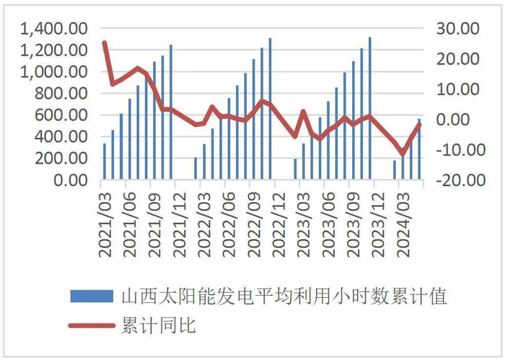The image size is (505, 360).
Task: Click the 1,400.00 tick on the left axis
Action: click(x=55, y=29)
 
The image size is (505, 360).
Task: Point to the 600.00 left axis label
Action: click(x=63, y=115)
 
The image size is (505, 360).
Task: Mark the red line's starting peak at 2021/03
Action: click(x=105, y=43)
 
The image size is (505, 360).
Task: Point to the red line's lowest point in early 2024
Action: click(x=403, y=154)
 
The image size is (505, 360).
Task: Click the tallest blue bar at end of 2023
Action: click(x=370, y=108)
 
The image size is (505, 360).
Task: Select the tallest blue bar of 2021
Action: click(x=171, y=112)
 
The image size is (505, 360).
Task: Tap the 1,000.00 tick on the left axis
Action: click(x=55, y=72)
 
